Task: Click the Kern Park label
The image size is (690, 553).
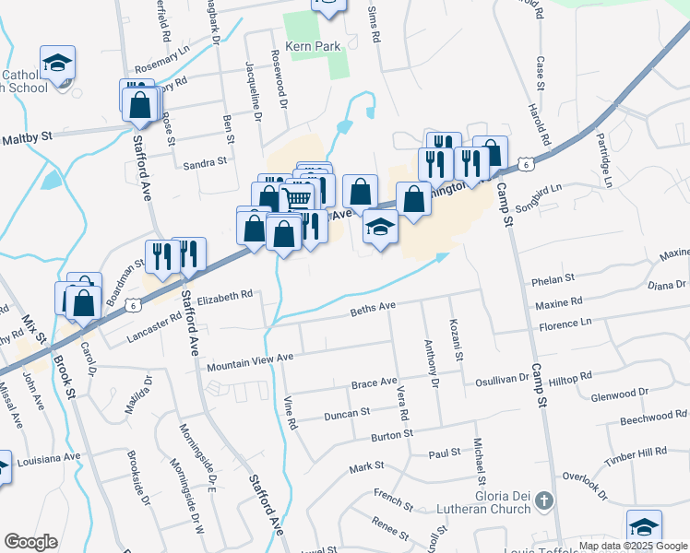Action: pyautogui.click(x=314, y=46)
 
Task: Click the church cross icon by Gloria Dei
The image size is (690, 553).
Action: pyautogui.click(x=544, y=502)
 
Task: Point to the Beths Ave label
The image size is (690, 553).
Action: pyautogui.click(x=373, y=309)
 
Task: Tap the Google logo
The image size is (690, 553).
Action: pyautogui.click(x=30, y=542)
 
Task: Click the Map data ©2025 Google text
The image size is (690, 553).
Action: pyautogui.click(x=633, y=546)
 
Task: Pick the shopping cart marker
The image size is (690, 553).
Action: pyautogui.click(x=297, y=196)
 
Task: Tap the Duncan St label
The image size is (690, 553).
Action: pyautogui.click(x=347, y=416)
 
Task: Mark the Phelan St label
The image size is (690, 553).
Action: pyautogui.click(x=553, y=277)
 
